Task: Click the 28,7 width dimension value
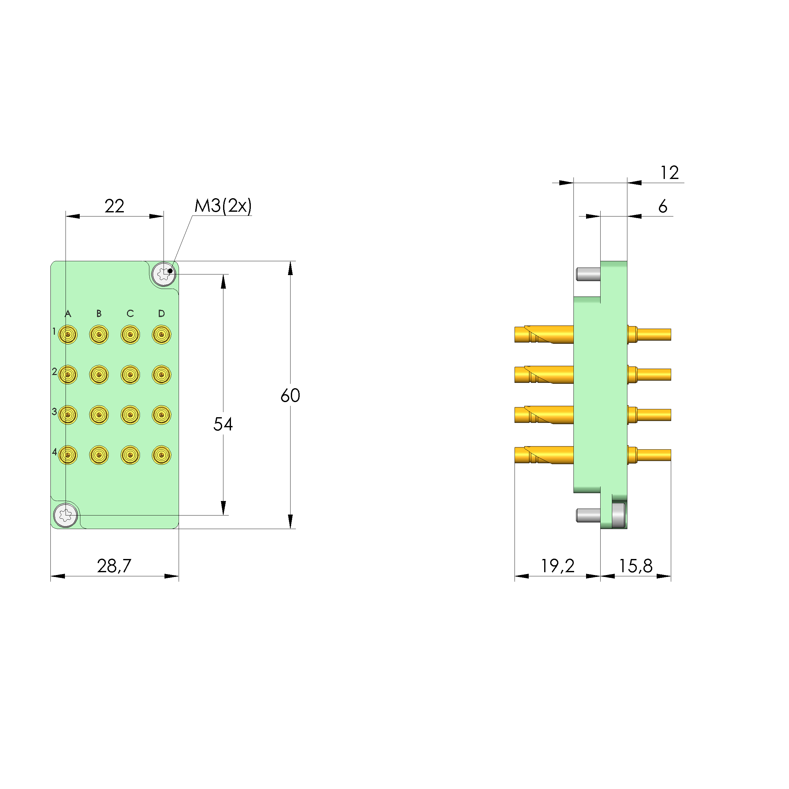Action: (x=114, y=566)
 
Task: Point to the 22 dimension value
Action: (x=114, y=206)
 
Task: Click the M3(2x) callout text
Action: (x=223, y=206)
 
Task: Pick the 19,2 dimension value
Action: (x=557, y=566)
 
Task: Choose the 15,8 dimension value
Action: (x=636, y=566)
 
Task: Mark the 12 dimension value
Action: (x=670, y=172)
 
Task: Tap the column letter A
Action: (x=68, y=313)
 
